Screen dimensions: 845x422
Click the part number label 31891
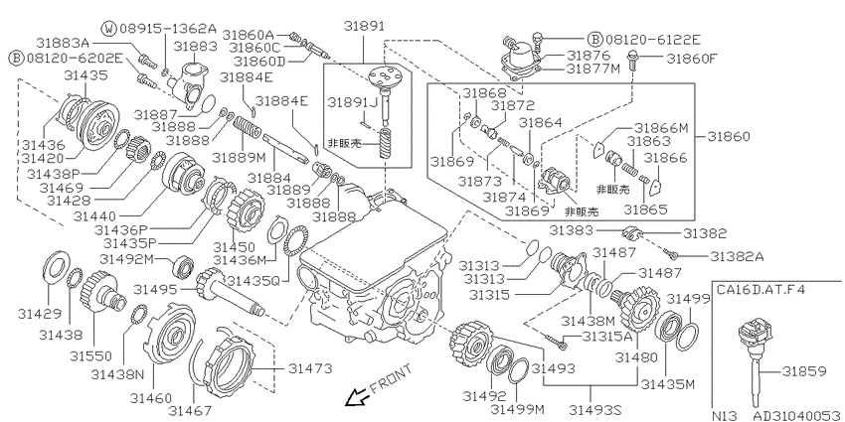coord(366,25)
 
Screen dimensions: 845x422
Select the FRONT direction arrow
coord(356,398)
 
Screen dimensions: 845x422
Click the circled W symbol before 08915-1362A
coord(110,28)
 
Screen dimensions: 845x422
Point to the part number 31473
coord(310,368)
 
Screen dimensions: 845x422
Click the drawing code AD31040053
coord(797,415)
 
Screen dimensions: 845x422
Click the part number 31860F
coord(693,59)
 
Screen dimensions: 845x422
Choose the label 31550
coord(90,355)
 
